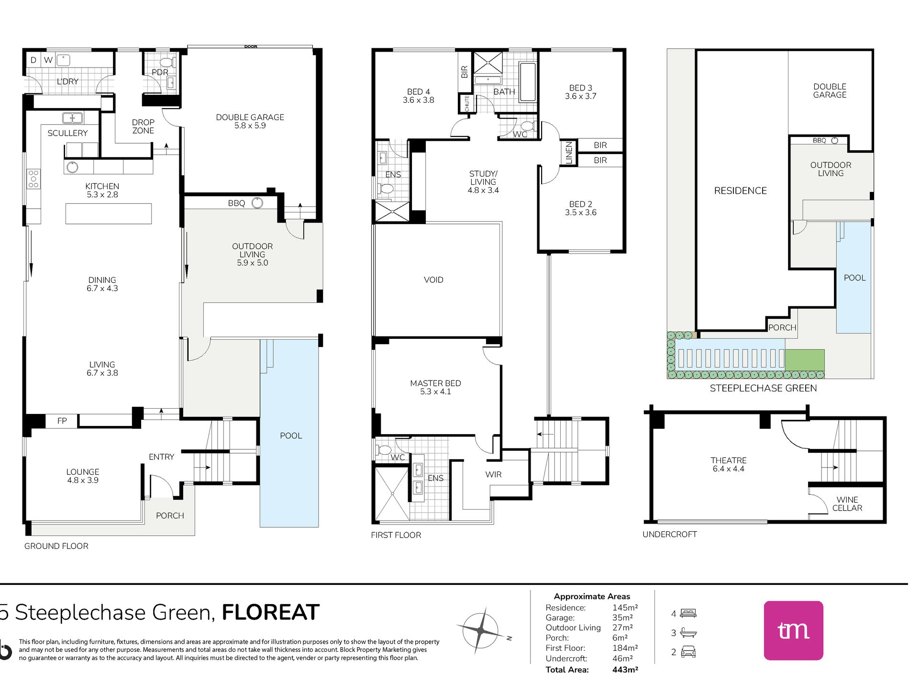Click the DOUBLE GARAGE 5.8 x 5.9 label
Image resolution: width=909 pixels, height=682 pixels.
tap(250, 121)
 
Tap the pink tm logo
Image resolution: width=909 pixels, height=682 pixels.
tap(793, 630)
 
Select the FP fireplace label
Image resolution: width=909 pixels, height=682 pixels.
tap(62, 421)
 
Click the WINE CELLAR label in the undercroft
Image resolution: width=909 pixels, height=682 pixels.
tap(847, 504)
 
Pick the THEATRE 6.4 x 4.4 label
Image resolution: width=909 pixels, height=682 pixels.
tap(728, 464)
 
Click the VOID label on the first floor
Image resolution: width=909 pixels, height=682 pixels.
tap(433, 280)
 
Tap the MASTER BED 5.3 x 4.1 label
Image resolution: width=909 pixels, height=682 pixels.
tap(435, 387)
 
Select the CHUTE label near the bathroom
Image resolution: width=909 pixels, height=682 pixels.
tap(467, 104)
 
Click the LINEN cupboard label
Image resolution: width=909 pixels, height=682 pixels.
tap(569, 153)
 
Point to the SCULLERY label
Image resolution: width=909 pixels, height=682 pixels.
tap(67, 133)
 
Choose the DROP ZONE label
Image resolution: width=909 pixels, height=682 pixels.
tap(143, 126)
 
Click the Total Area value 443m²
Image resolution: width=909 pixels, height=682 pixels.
tap(625, 670)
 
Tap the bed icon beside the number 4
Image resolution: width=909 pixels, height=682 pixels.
tap(688, 613)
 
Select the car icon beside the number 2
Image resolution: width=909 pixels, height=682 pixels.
tap(688, 652)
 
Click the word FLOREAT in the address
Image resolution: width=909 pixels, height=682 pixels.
tap(270, 613)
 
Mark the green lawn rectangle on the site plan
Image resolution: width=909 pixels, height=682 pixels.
tap(805, 360)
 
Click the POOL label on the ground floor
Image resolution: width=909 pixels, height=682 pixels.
tap(291, 436)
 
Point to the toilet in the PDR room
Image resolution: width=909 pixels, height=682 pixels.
tap(166, 62)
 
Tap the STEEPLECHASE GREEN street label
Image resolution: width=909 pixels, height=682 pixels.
tap(763, 388)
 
